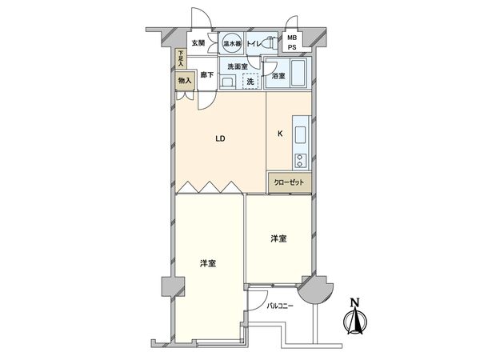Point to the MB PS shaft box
coord(293,42)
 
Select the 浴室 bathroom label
coord(278,77)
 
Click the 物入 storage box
coord(184,80)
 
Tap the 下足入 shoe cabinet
coord(181,58)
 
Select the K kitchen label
coord(280,134)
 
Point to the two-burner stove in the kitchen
coord(302,157)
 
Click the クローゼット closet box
coord(289,182)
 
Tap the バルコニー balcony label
coord(282,306)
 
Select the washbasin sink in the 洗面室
coord(227,82)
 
